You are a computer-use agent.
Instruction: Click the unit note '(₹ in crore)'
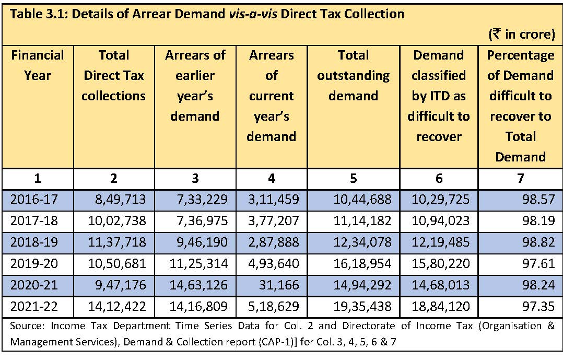[521, 34]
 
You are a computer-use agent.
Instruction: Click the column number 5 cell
[354, 178]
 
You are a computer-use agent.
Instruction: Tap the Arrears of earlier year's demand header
[195, 86]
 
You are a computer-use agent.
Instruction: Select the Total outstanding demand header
[354, 76]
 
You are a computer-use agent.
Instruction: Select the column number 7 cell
[520, 178]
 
